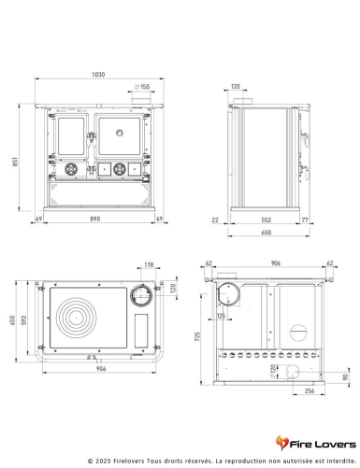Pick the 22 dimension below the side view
[215, 220]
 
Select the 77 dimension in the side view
[304, 220]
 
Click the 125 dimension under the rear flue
[221, 317]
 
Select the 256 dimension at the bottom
[308, 392]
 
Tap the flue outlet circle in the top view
[142, 295]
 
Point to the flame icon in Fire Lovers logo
[289, 441]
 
